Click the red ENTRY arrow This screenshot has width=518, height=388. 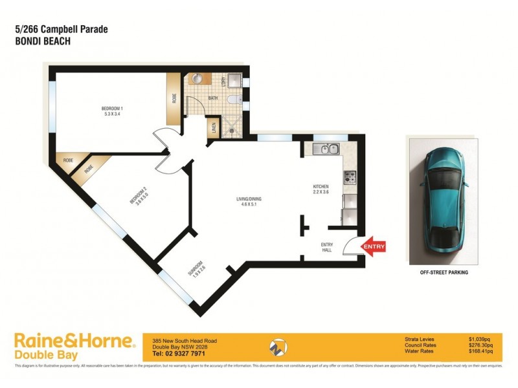point(374,246)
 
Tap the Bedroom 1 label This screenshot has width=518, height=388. point(111,111)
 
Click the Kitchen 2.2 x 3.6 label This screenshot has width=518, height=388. point(321,190)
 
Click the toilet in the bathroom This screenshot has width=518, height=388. point(234,100)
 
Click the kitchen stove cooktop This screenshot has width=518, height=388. point(350,174)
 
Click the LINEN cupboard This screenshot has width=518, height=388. point(213,127)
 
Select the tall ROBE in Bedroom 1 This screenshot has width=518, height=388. point(174,99)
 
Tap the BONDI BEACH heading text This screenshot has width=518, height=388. point(42,40)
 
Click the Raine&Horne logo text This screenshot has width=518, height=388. point(74,341)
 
